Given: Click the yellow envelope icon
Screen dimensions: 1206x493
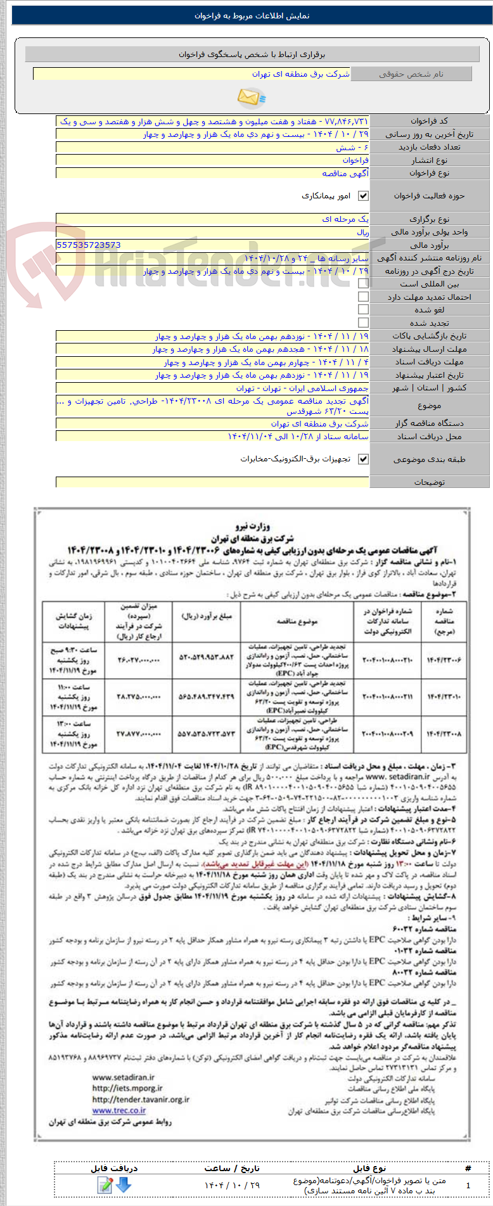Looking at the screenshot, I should pos(251,97).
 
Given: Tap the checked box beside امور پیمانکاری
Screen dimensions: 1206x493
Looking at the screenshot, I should pos(363,196).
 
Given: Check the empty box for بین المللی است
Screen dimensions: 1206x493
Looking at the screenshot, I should pos(363,284).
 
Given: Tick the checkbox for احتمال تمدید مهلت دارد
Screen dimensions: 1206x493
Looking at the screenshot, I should pos(363,297).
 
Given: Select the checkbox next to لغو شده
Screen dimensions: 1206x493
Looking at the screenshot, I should pos(363,309).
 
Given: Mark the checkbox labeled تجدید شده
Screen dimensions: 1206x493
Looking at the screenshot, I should pos(363,323).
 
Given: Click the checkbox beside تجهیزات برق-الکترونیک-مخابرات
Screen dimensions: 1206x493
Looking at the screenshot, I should pos(363,459).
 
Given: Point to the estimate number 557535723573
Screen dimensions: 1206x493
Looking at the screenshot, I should pos(89,245).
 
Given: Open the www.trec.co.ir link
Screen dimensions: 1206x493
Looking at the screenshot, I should pos(119,1110).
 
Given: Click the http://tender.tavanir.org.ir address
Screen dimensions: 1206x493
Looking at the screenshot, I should pos(141,1100).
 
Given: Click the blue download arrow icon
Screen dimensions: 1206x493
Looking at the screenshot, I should pos(124,1184).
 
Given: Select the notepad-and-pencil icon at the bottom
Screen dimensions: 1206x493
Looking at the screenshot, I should pos(105,1184).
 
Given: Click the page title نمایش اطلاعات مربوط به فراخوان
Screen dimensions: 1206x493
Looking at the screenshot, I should pos(252,16).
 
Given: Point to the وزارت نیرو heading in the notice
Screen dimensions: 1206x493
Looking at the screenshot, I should pos(252,526).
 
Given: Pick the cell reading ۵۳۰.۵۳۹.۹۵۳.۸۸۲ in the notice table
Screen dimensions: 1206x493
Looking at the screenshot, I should pos(207,660).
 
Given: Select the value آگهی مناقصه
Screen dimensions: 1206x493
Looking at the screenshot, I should pos(345,173).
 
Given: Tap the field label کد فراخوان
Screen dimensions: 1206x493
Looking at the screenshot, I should pos(429,121).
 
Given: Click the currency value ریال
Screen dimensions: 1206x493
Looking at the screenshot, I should pos(362,232).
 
